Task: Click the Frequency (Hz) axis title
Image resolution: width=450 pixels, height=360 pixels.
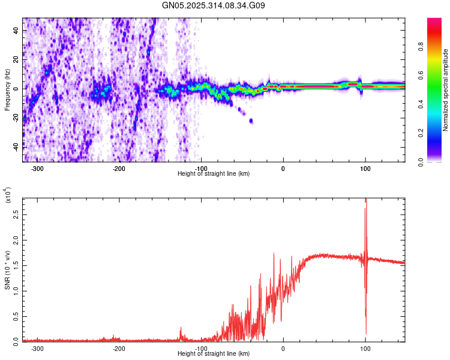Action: coord(7,90)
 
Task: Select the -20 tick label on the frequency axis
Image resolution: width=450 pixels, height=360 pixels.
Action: coord(14,118)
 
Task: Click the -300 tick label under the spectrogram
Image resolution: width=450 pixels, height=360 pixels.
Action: coord(37,169)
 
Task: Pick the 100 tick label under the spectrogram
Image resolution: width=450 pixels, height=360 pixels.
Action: coord(365,169)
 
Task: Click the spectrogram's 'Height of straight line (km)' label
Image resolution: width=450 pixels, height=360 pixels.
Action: coord(214,174)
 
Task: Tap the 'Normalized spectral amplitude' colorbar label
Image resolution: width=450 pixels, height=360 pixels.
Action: coord(446,90)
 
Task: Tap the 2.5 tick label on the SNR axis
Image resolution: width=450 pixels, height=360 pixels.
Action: coord(16,214)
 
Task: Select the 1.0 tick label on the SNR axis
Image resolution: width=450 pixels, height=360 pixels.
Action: coord(16,290)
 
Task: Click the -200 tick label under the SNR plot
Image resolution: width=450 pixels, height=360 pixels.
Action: coord(119,349)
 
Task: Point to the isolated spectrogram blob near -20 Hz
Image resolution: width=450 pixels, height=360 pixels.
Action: coord(250,121)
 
